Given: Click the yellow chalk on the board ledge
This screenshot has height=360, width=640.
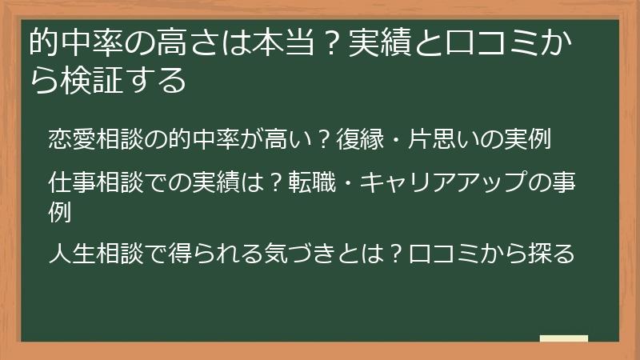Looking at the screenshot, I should point(564,339).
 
